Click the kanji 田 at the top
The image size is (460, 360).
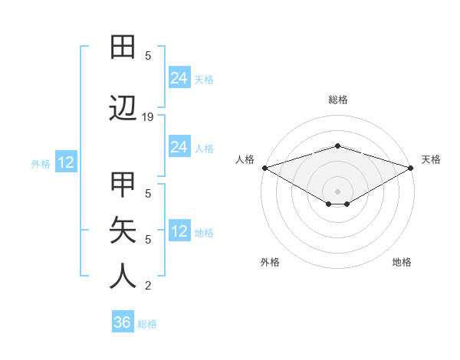pos(123,47)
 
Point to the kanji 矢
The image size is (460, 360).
pos(123,230)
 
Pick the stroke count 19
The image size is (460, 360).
pos(148,117)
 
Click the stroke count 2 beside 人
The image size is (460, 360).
pos(148,286)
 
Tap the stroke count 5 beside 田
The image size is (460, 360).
pos(148,55)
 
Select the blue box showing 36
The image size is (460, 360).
pos(123,322)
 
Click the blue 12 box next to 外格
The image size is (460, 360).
pos(65,162)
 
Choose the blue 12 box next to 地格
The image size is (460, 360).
pos(179,231)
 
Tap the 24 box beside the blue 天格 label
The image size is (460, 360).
pos(179,77)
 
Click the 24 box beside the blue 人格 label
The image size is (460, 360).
pos(179,147)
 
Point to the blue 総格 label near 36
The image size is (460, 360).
pos(147,324)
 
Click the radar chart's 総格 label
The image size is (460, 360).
pos(337,100)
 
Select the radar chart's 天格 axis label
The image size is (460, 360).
pos(432,159)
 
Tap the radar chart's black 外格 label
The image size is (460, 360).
pos(270,262)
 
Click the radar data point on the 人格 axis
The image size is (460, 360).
pos(264,168)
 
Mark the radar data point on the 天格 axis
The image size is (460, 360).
pos(410,168)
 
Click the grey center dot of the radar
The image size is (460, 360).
pos(337,191)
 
